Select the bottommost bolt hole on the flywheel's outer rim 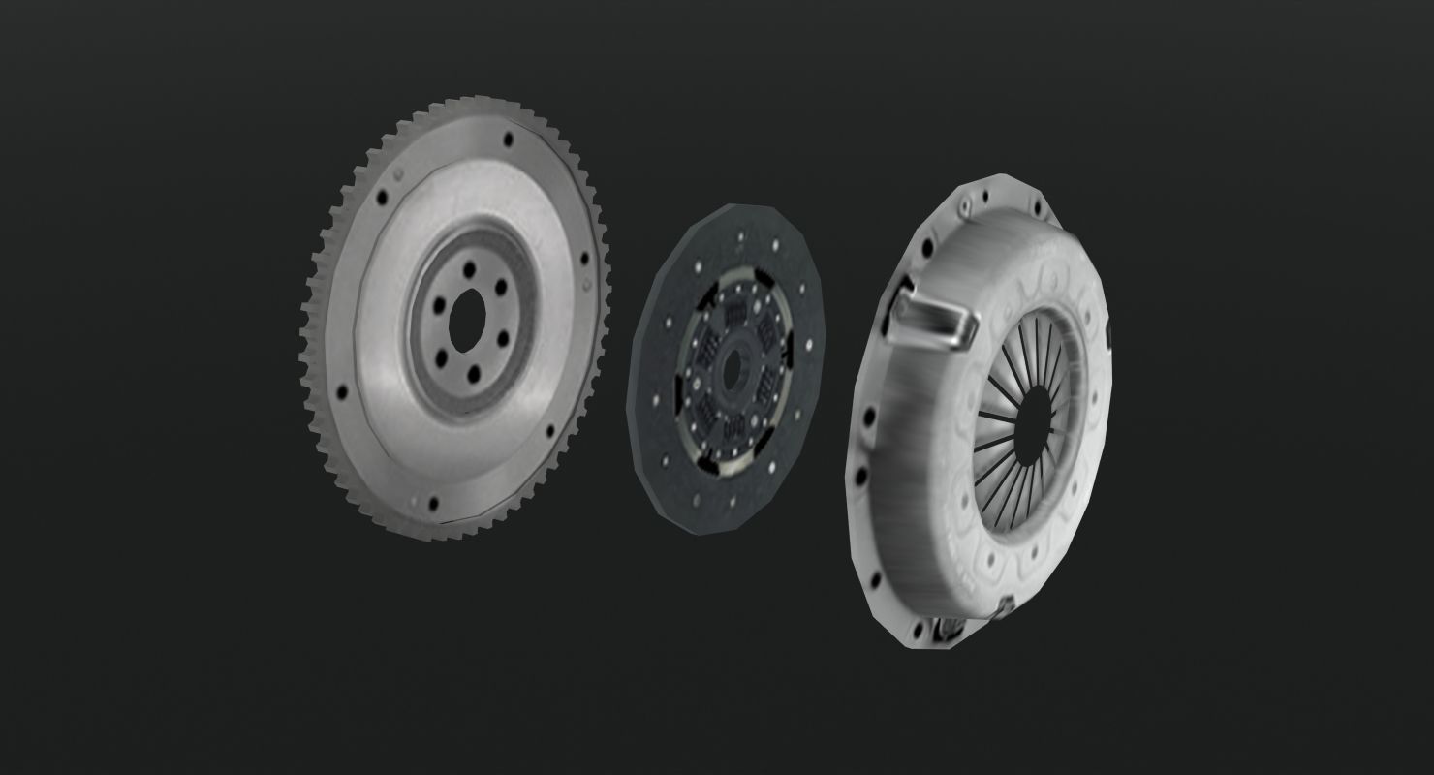click(x=432, y=503)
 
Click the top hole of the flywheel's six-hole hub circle click(x=471, y=269)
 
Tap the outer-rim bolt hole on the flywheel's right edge click(x=584, y=259)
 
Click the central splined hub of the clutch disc click(x=732, y=364)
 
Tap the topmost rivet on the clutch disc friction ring click(x=741, y=235)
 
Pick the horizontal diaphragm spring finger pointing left click(x=998, y=417)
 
